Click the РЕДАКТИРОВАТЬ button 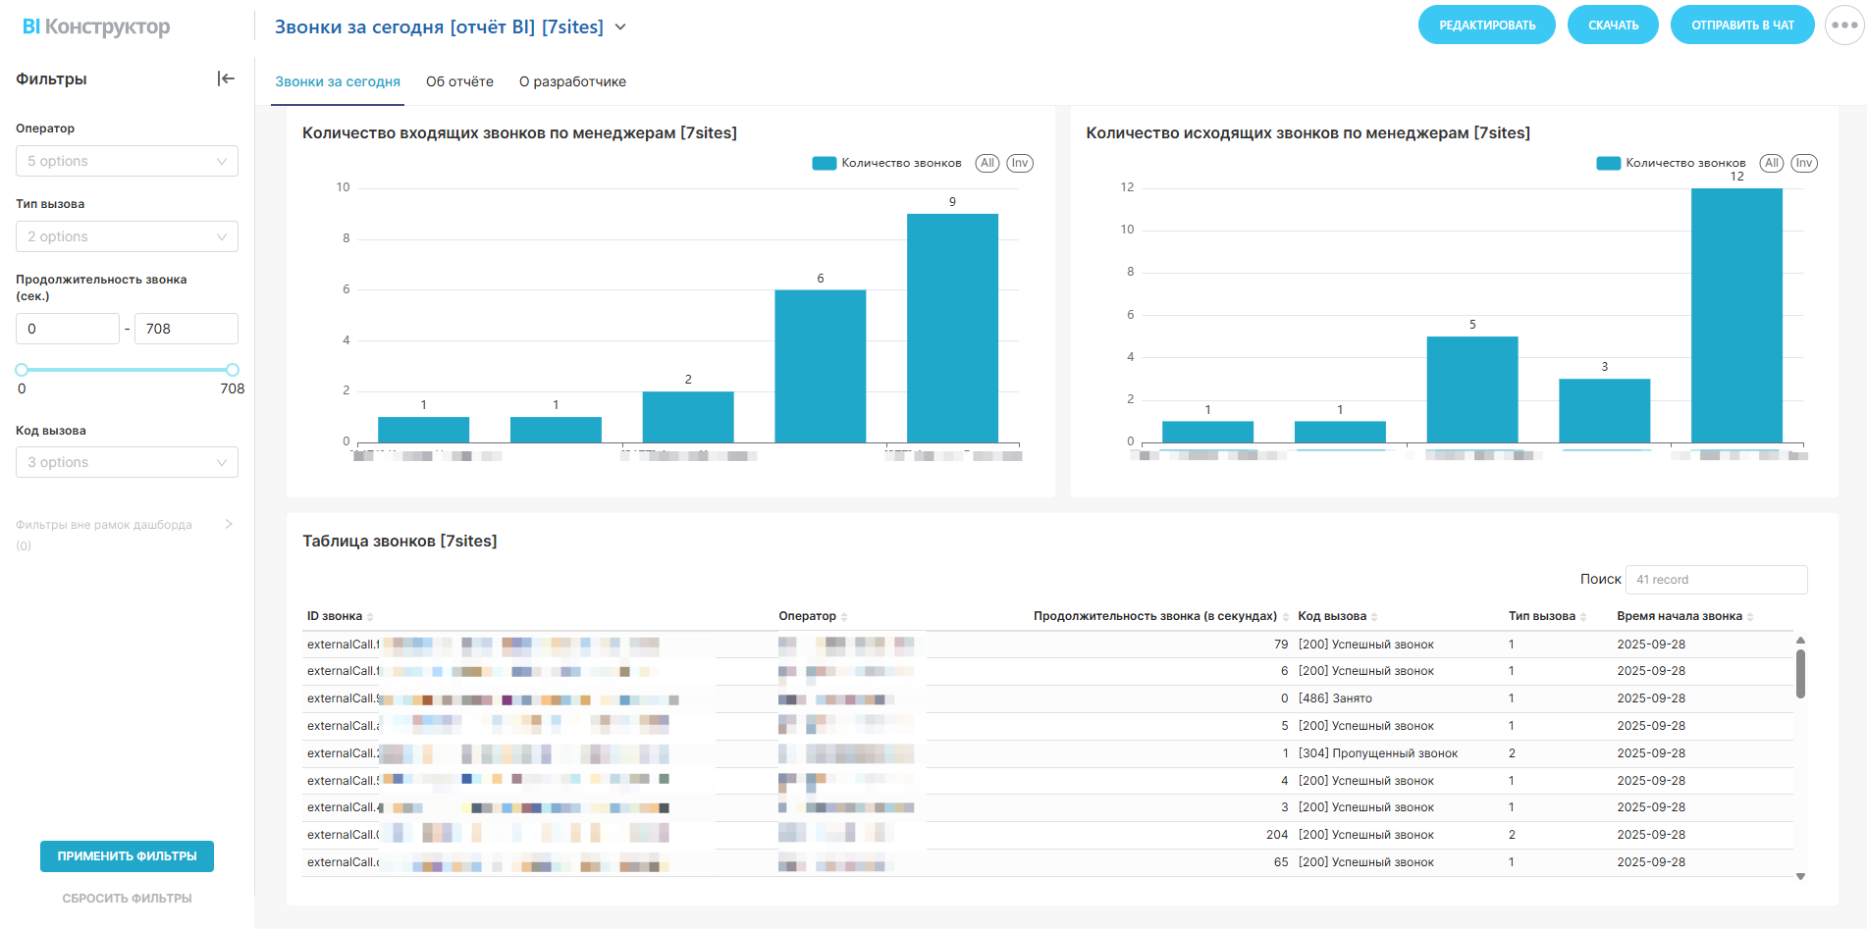(1486, 26)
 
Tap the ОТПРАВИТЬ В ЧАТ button (1741, 26)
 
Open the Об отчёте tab (459, 81)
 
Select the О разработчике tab (572, 81)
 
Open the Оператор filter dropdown (127, 161)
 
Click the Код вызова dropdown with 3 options (127, 462)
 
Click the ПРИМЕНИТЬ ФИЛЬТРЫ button (127, 856)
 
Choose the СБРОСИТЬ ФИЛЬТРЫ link (127, 899)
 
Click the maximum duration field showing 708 (186, 329)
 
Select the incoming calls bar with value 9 (952, 328)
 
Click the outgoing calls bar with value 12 (1736, 315)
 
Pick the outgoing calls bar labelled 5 (1471, 389)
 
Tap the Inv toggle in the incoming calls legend (1020, 163)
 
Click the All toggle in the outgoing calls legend (1771, 163)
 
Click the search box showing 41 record (1716, 580)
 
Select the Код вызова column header (1332, 616)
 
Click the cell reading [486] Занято (1335, 698)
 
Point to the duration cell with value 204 (1276, 835)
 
